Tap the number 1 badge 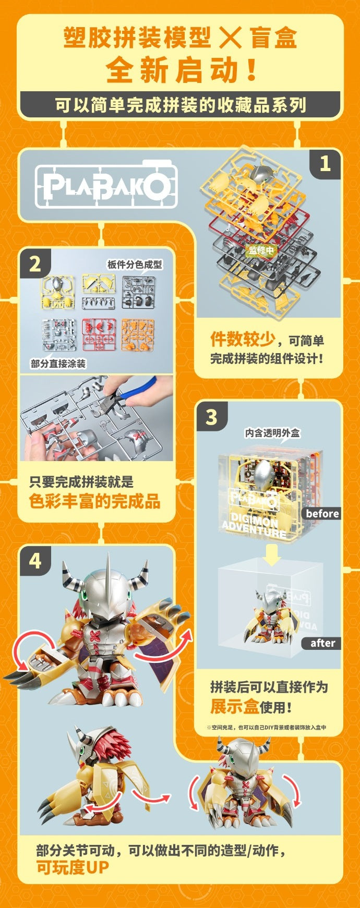325,164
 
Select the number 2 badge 35,264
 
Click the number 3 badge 211,417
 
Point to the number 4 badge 35,561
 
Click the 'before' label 322,514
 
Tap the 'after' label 322,643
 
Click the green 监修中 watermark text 261,250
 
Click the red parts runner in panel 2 99,334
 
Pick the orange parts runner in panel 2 137,334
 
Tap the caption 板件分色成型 135,264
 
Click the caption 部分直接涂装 58,364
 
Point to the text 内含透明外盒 272,433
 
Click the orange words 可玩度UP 73,868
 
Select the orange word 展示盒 234,707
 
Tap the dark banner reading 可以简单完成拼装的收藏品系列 180,105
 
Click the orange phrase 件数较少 243,340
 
